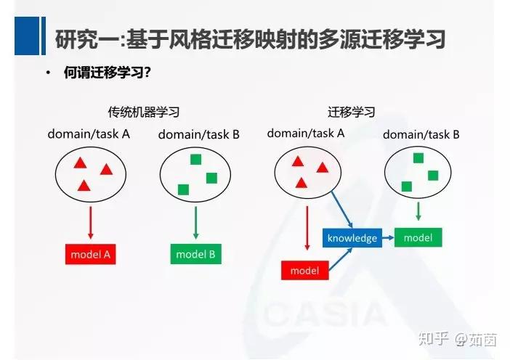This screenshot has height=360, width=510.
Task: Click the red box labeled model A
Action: click(x=90, y=254)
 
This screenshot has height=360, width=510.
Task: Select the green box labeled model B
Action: click(x=195, y=254)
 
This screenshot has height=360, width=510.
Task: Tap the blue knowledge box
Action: click(x=352, y=238)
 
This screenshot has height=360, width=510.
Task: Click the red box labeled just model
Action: click(x=304, y=271)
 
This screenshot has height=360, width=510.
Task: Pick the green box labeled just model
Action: click(x=418, y=237)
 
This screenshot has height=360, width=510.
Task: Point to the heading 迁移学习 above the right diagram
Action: click(x=351, y=112)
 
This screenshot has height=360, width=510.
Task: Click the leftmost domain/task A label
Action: click(x=89, y=134)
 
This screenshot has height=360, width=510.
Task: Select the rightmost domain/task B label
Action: click(x=421, y=134)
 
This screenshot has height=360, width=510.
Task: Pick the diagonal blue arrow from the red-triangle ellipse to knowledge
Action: click(x=341, y=210)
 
